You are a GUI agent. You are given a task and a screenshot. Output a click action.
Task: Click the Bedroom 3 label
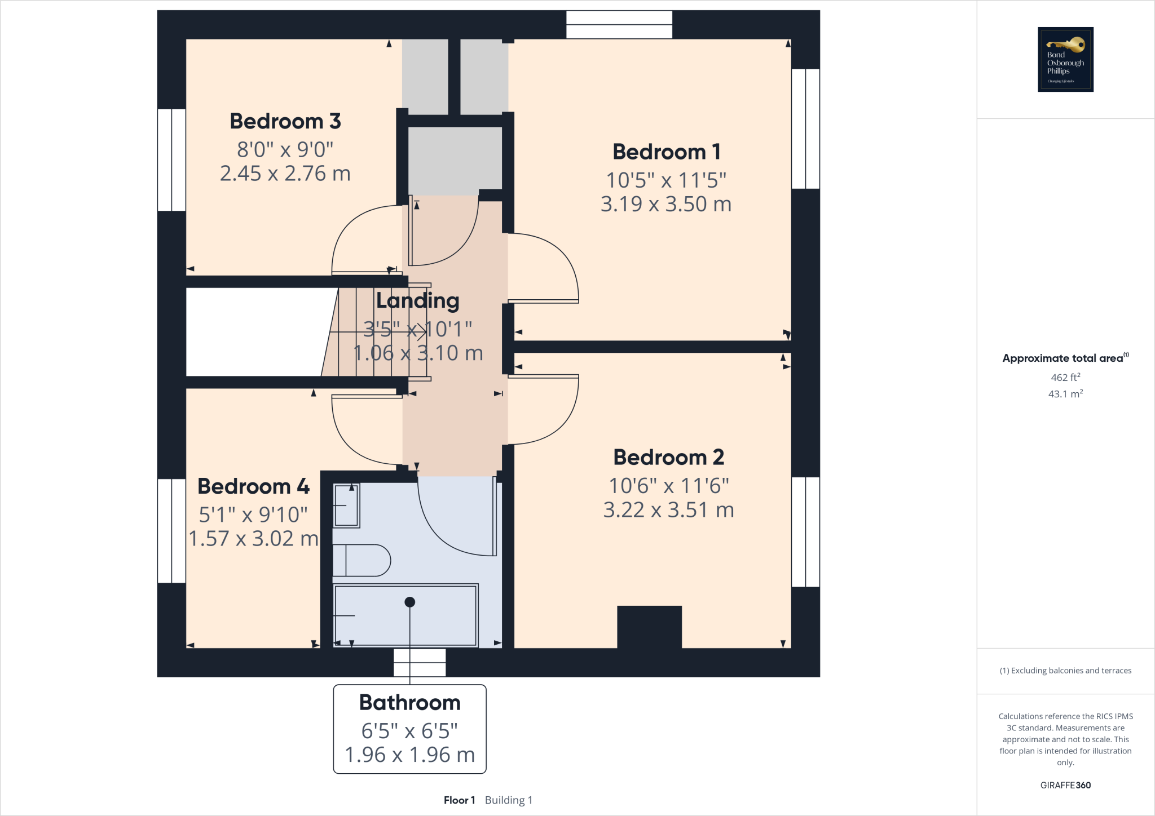285,121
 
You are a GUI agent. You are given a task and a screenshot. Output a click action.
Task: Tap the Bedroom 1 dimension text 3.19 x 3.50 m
665,204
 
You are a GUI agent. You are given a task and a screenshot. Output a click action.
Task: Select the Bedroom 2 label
668,457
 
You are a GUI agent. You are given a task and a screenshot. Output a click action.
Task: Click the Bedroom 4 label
253,486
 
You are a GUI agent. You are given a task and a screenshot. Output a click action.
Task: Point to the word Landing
417,300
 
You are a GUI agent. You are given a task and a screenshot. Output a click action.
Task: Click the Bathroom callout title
409,703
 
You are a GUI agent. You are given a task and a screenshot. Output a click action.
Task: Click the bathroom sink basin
346,505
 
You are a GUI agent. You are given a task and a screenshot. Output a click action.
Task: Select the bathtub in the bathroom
405,615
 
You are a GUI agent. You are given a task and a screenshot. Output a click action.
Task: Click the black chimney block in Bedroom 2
649,627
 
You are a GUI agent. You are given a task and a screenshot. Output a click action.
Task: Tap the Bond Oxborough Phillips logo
1065,59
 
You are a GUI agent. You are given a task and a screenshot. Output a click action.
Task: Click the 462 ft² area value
1065,378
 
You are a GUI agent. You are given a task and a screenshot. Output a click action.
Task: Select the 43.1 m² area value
1065,394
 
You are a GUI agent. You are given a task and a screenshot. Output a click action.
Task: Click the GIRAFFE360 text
1065,785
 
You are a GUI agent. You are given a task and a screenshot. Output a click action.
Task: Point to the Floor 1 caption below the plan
459,800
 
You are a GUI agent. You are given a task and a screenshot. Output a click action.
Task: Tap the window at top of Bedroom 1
619,25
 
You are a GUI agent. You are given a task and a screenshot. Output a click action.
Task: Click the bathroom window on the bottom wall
420,662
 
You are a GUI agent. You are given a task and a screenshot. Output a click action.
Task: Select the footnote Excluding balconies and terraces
1065,671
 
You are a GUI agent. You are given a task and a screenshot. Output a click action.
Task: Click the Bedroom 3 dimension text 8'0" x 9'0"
285,150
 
